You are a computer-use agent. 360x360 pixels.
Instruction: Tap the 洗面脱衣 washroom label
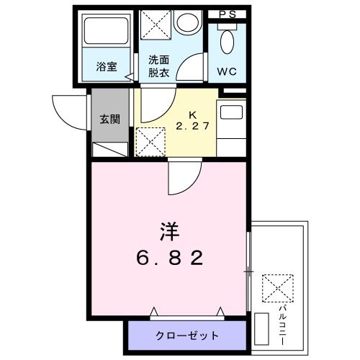coord(159,66)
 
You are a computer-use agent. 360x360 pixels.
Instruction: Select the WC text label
coord(226,72)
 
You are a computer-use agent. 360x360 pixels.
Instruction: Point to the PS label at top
coord(227,14)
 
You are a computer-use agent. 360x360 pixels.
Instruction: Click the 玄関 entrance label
coord(109,119)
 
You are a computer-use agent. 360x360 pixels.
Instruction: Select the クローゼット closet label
coord(187,336)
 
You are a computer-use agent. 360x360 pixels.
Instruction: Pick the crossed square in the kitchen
coord(149,142)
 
